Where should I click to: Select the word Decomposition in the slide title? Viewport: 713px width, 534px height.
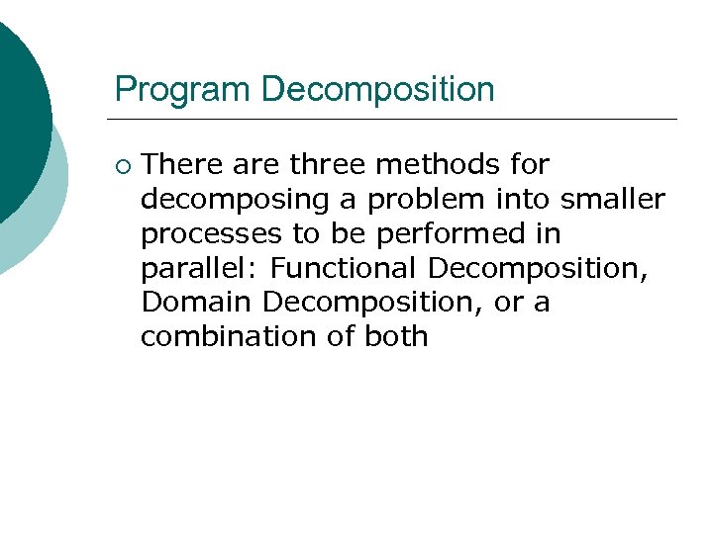coord(377,90)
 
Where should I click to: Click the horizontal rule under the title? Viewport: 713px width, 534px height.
coord(396,120)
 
